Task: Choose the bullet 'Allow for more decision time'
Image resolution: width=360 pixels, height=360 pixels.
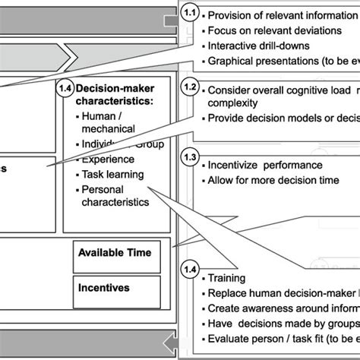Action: [273, 182]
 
